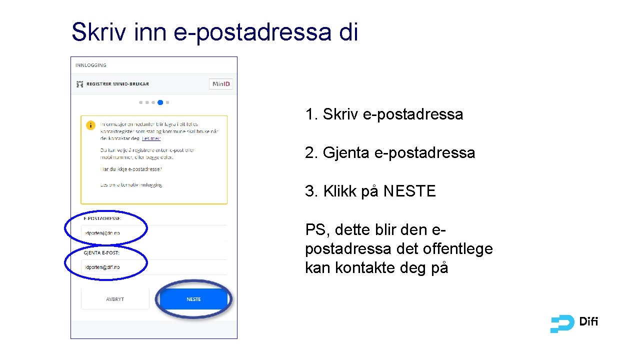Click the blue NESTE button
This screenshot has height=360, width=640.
pos(193,299)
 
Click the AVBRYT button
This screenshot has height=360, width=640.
pos(115,299)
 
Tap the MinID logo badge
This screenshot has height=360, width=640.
pos(221,84)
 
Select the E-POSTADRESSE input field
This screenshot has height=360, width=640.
pos(154,233)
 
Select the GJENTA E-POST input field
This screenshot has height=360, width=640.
pos(154,267)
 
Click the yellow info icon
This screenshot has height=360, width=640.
pos(90,125)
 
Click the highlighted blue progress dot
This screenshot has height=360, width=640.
pos(160,102)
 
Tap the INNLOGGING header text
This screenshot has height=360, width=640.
pos(90,65)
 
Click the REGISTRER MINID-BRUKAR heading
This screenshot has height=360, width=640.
pos(117,84)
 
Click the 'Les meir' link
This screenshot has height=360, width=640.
pos(151,138)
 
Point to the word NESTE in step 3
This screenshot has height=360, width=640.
pos(409,191)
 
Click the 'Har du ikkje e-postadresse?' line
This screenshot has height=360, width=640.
pos(131,169)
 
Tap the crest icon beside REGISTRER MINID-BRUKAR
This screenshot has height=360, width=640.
pos(79,84)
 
